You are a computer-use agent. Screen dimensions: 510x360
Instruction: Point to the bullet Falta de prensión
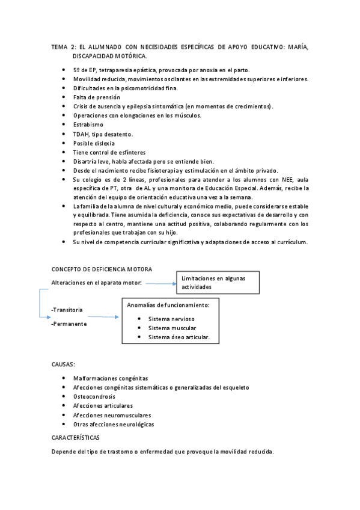click(97, 97)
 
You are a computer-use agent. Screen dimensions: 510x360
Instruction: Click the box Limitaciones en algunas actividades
click(218, 283)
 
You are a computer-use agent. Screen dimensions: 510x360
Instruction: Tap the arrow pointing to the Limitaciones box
click(159, 282)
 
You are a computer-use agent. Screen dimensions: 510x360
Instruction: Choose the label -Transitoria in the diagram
click(67, 309)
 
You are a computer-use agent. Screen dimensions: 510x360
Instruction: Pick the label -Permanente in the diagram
click(69, 324)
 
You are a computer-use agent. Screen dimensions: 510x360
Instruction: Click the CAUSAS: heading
click(64, 363)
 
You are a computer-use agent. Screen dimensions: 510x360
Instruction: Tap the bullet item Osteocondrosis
click(94, 396)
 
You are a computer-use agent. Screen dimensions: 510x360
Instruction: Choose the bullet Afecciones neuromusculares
click(112, 415)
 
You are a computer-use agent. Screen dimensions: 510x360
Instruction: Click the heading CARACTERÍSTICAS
click(76, 437)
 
